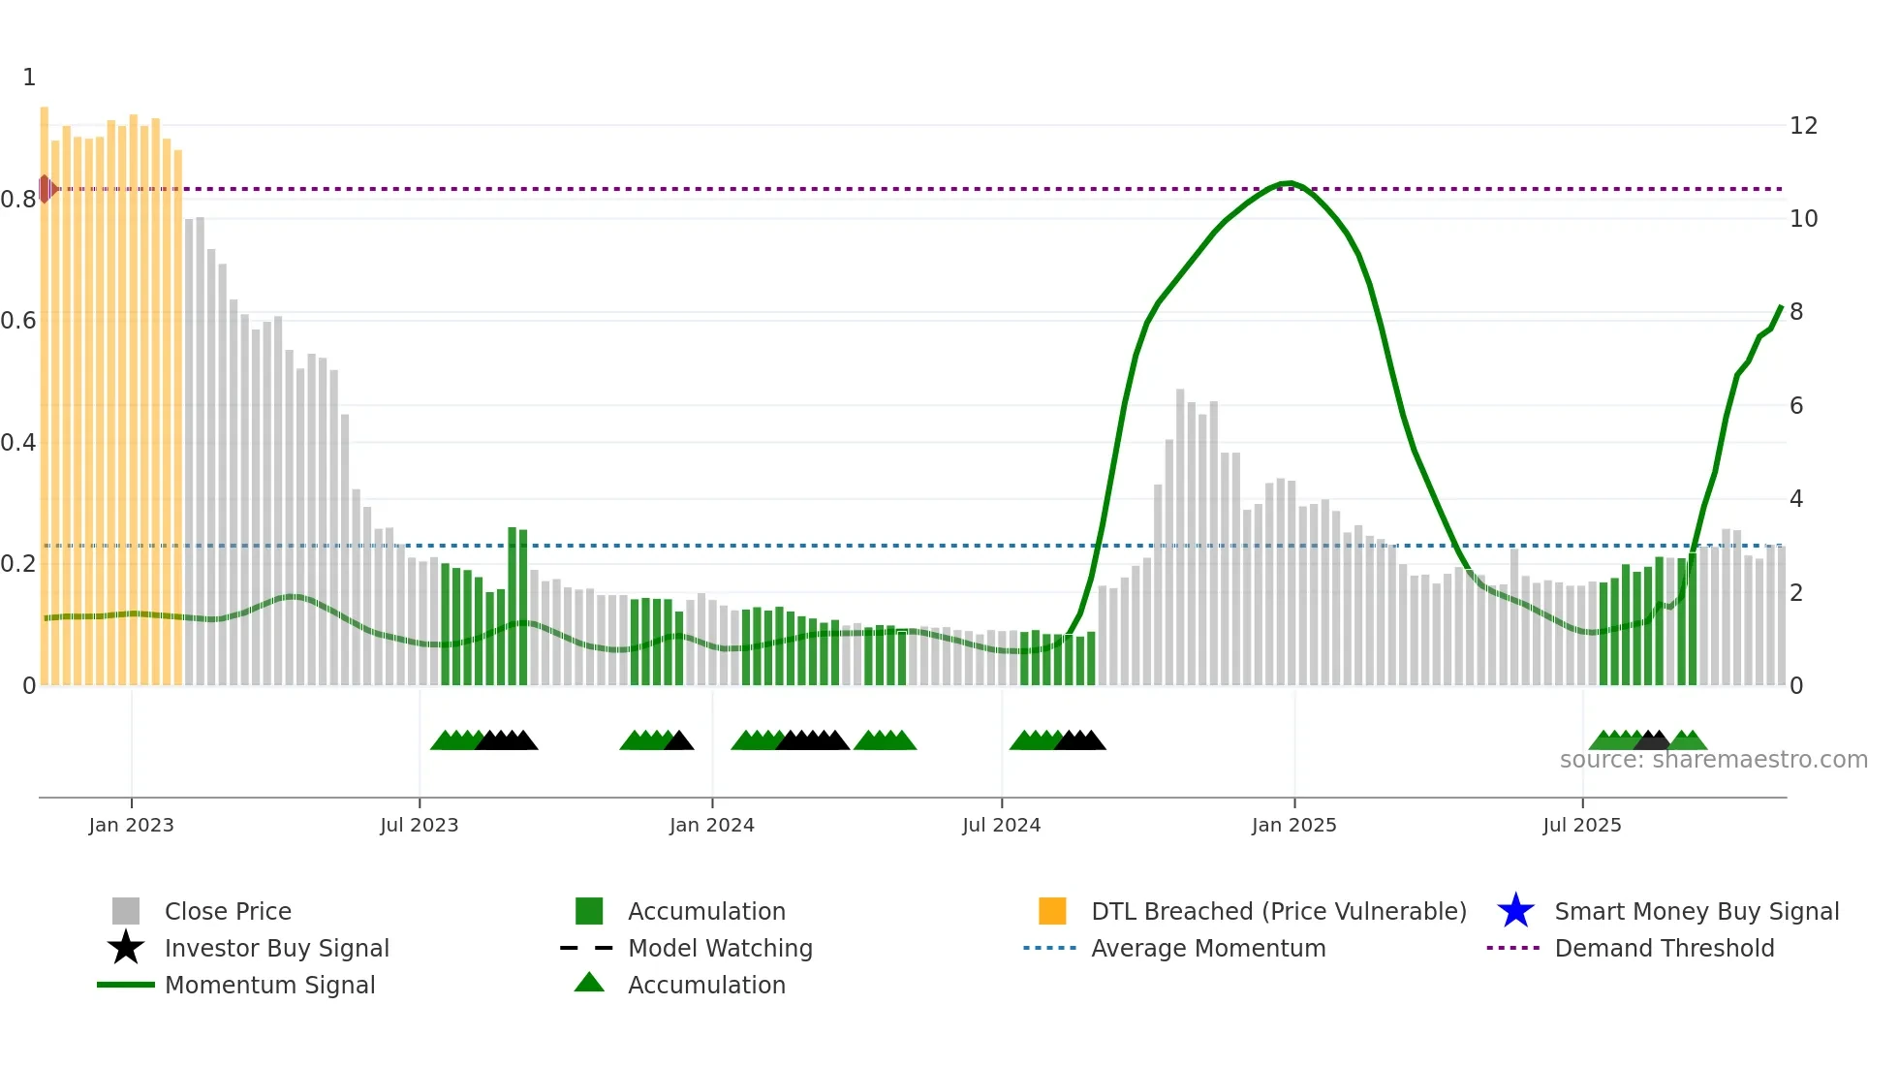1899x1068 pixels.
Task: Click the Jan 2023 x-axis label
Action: click(x=131, y=825)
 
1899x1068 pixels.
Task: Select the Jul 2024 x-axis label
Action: click(x=1001, y=825)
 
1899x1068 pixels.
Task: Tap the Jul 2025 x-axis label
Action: click(x=1581, y=825)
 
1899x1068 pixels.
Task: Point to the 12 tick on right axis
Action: click(x=1803, y=126)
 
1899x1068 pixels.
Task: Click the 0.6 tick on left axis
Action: click(x=18, y=321)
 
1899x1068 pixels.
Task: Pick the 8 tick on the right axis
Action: click(x=1796, y=312)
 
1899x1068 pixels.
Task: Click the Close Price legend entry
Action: click(x=228, y=911)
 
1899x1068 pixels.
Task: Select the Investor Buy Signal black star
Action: click(x=126, y=948)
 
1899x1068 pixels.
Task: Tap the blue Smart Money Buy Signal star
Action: click(x=1515, y=911)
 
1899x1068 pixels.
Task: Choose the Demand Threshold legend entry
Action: click(x=1664, y=948)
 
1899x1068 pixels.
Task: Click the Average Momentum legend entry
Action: click(x=1208, y=948)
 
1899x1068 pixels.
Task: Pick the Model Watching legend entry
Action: click(x=720, y=948)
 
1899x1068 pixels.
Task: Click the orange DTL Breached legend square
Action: click(x=1052, y=911)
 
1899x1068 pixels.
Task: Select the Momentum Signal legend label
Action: click(x=269, y=985)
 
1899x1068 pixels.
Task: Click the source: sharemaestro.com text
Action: click(x=1713, y=760)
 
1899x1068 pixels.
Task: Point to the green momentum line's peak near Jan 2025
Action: click(x=1287, y=183)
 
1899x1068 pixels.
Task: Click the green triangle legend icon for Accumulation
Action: click(x=589, y=984)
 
